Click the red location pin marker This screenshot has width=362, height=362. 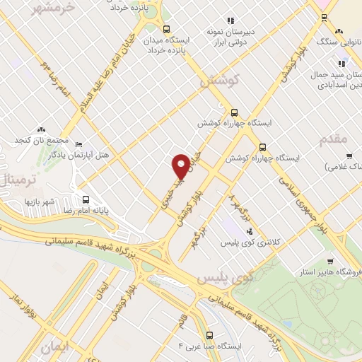pos(181,166)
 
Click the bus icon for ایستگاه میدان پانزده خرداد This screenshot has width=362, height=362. pos(166,30)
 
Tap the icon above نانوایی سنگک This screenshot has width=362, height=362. pos(340,31)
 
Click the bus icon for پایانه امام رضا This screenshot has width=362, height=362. pos(86,199)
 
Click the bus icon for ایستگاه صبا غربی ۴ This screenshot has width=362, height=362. pos(209,335)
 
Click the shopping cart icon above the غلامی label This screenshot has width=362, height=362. pos(349,156)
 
